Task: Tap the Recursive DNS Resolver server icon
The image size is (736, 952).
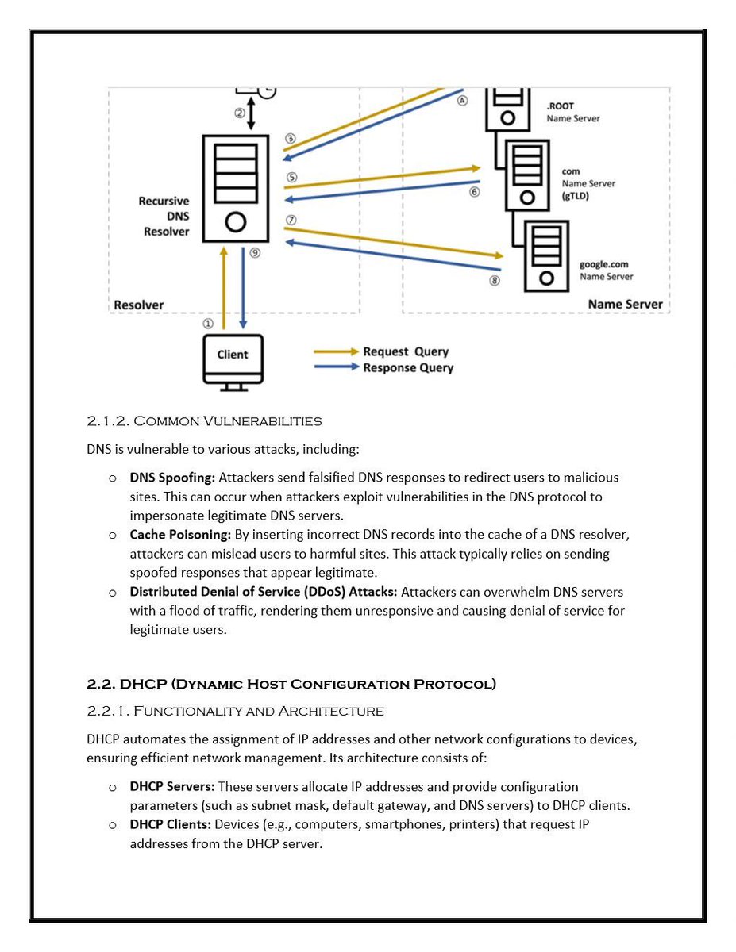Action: [235, 188]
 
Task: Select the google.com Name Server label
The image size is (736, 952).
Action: [607, 271]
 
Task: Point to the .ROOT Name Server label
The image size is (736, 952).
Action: [572, 112]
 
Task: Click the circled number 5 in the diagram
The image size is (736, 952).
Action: [291, 178]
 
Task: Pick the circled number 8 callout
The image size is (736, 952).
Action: [495, 280]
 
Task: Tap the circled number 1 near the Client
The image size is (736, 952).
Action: [208, 324]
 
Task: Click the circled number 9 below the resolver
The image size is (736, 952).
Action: [255, 253]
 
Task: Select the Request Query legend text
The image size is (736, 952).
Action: [406, 351]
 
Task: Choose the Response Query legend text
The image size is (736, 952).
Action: [408, 367]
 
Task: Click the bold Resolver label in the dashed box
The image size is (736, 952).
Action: [139, 305]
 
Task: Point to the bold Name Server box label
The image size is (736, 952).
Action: [625, 305]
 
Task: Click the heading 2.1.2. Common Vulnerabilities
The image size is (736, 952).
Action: [204, 420]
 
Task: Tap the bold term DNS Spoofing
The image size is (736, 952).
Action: [172, 478]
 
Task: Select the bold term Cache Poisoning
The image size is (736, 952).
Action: [180, 535]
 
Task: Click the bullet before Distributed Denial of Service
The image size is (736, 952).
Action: [114, 592]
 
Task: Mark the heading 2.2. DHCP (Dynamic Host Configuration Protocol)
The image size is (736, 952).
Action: [291, 684]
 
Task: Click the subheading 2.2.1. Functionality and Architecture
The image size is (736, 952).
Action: [235, 710]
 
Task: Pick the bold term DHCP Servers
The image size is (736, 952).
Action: [172, 787]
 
